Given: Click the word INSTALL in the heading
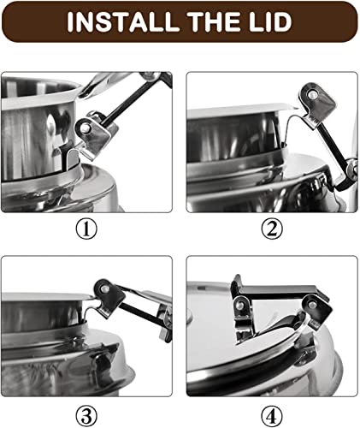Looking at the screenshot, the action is tap(123, 21).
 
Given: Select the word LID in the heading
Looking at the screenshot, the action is tap(271, 21).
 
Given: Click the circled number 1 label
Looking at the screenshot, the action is tap(86, 229).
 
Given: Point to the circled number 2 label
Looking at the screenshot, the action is tap(272, 229).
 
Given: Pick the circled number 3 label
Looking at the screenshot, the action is tap(86, 416).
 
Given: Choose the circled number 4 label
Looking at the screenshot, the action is tap(272, 416).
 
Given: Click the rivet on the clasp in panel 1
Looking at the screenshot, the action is tap(85, 128).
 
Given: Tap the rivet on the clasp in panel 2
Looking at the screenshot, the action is tap(312, 94).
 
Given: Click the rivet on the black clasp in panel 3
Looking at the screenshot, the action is tap(104, 289).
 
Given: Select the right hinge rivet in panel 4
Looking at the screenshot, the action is tap(312, 304).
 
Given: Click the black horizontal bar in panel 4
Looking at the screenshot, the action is tap(277, 292).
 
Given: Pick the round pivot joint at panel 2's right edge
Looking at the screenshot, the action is tap(352, 168).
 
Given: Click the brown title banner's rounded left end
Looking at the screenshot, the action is tap(11, 22).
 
